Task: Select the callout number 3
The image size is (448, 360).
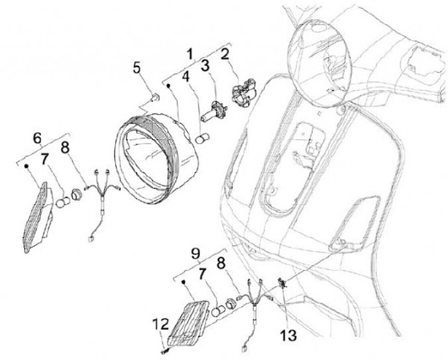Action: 204,65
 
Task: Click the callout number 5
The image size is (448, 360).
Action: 137,67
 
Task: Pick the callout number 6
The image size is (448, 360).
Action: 38,137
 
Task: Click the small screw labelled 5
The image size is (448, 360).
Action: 155,97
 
